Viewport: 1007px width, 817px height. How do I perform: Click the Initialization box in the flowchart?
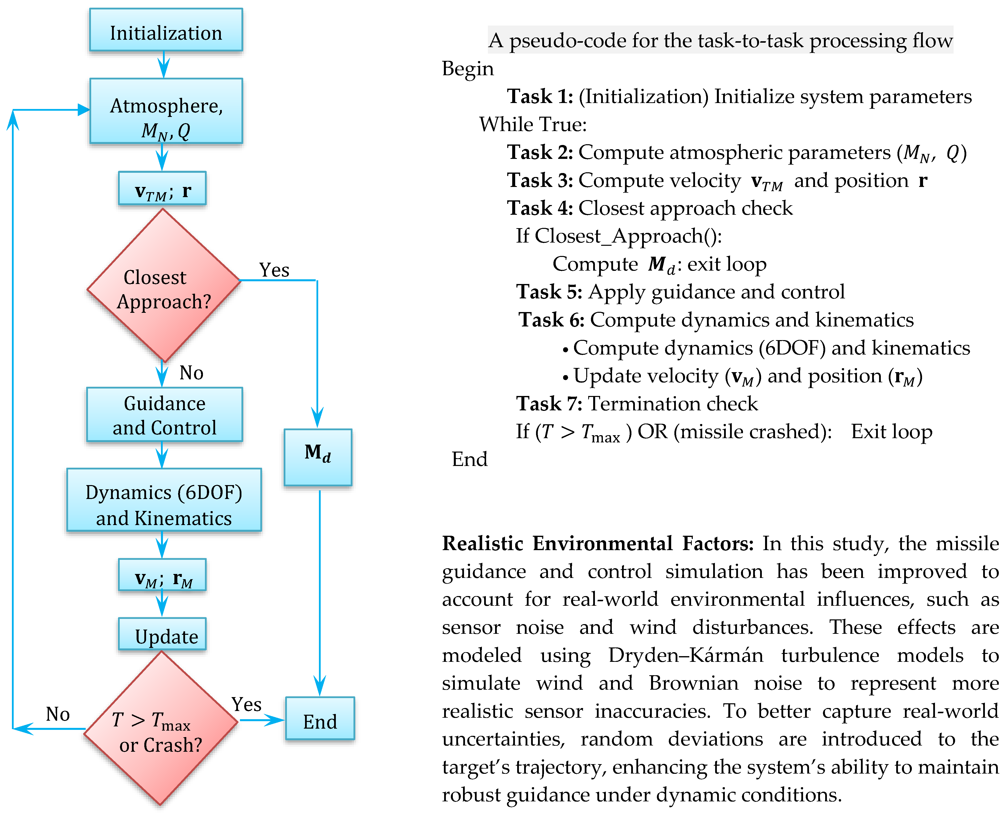click(166, 30)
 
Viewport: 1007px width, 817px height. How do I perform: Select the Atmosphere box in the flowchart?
click(166, 111)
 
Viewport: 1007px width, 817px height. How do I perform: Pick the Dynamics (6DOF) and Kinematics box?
click(164, 500)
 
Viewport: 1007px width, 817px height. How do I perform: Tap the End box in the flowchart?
click(320, 719)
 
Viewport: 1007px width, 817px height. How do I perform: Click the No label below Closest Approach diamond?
click(191, 373)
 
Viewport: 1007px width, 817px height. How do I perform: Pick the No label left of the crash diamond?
click(57, 714)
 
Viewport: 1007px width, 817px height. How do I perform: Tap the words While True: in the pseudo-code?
click(533, 124)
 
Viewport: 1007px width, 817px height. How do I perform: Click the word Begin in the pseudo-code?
click(467, 69)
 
